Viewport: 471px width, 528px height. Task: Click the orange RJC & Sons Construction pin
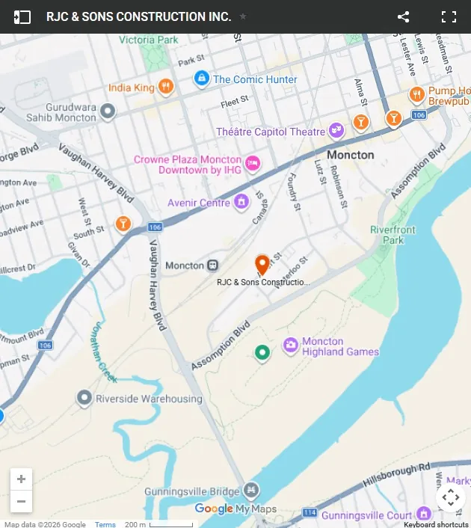pyautogui.click(x=262, y=265)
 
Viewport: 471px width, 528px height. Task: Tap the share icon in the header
pyautogui.click(x=403, y=16)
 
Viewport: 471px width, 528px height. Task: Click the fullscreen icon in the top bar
pyautogui.click(x=449, y=16)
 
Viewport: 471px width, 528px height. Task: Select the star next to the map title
pyautogui.click(x=243, y=16)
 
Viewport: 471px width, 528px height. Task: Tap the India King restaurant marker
pyautogui.click(x=167, y=87)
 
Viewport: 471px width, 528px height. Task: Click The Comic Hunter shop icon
pyautogui.click(x=201, y=79)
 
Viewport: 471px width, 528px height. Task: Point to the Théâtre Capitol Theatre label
pyautogui.click(x=271, y=132)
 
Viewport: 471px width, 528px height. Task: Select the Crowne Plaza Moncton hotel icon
pyautogui.click(x=253, y=162)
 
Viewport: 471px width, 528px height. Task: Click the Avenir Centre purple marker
pyautogui.click(x=241, y=201)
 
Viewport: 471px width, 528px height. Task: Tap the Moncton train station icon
pyautogui.click(x=213, y=265)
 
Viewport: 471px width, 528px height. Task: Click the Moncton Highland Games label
pyautogui.click(x=340, y=346)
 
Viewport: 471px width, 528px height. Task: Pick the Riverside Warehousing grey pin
pyautogui.click(x=84, y=398)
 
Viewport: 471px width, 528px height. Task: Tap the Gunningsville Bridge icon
pyautogui.click(x=252, y=491)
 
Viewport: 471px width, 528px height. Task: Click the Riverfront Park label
pyautogui.click(x=387, y=235)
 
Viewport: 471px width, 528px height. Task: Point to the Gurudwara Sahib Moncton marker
pyautogui.click(x=108, y=111)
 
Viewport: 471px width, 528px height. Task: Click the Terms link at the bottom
pyautogui.click(x=105, y=524)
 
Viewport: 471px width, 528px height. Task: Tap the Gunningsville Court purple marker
pyautogui.click(x=424, y=514)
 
